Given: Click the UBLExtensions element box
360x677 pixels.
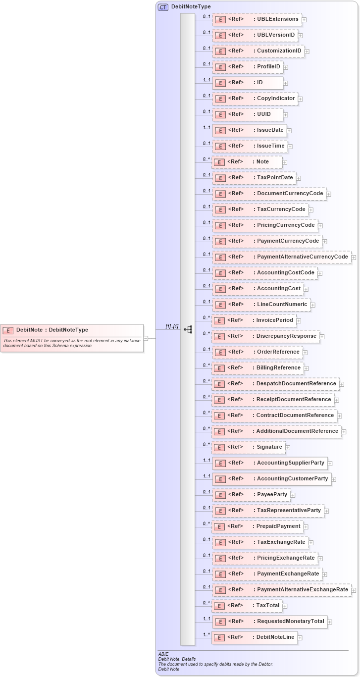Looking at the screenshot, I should tap(257, 19).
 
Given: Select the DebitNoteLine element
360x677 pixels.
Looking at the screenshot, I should tap(255, 637).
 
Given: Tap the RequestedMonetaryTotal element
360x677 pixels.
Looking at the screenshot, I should tap(270, 622).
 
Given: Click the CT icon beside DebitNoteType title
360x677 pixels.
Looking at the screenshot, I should tap(163, 7).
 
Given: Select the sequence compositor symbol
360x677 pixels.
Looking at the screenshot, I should tap(188, 329).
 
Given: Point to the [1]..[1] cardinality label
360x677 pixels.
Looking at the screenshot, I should tap(172, 326).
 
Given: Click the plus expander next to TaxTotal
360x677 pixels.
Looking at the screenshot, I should tap(285, 606).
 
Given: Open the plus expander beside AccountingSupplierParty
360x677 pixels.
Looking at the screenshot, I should tap(330, 464).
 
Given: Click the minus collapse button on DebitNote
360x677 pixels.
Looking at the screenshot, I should tap(146, 338).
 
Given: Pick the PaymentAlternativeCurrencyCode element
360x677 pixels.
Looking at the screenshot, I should tap(282, 257).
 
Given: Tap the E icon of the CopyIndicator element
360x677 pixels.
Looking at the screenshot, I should tap(220, 99).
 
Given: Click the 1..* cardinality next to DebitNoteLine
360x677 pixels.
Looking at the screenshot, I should tap(206, 634).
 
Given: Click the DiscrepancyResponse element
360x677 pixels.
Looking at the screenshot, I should tap(265, 336).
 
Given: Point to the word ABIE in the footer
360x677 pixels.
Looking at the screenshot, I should tap(163, 654).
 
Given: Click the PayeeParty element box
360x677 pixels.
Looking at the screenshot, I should tap(251, 495).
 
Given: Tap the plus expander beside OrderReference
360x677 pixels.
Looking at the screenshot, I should tap(306, 353).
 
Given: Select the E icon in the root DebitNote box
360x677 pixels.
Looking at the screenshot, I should tap(8, 330).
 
